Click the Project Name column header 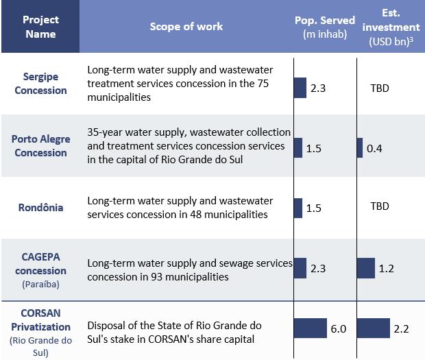(x=40, y=27)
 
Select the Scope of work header (x=186, y=27)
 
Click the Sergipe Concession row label (x=40, y=84)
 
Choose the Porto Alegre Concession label (x=40, y=146)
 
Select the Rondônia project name (x=40, y=207)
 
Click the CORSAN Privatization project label (x=40, y=328)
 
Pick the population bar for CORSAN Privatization (x=311, y=328)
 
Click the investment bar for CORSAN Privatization (x=374, y=328)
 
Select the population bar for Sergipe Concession (x=300, y=88)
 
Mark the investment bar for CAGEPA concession (x=366, y=268)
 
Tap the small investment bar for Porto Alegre (x=360, y=147)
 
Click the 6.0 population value (x=338, y=329)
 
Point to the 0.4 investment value (x=374, y=148)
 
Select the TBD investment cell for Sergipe (x=379, y=88)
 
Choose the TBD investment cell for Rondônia (x=379, y=206)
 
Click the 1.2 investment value (x=386, y=269)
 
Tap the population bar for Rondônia (x=298, y=208)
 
